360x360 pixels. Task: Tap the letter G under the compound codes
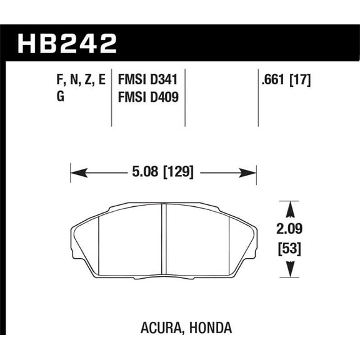click(51, 97)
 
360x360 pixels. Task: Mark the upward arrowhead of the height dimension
click(288, 206)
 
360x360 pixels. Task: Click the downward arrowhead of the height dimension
click(288, 272)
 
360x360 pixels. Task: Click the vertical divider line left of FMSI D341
click(111, 94)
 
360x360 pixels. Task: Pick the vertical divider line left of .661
click(258, 94)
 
